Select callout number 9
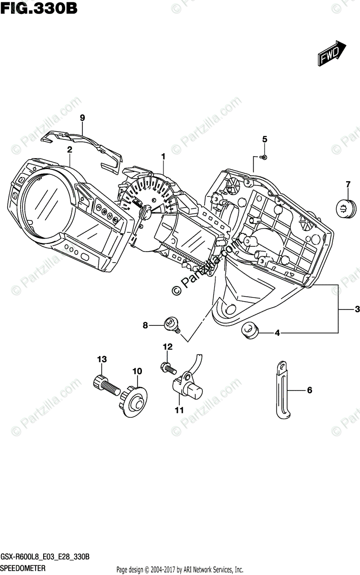point(82,117)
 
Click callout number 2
point(70,149)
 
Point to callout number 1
point(163,156)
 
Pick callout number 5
point(264,139)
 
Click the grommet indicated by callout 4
point(249,331)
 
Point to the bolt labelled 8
point(171,325)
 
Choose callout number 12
point(167,346)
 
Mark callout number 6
point(309,391)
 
